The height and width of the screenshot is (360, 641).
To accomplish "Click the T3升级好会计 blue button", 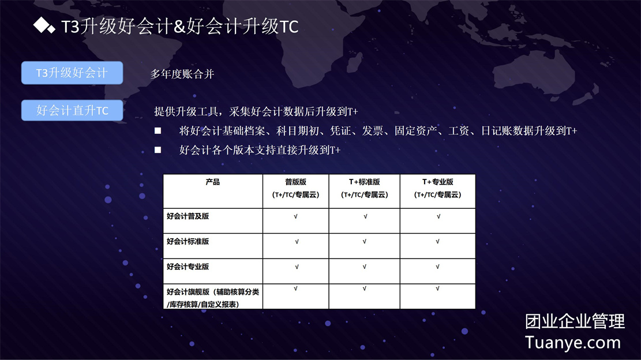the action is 72,73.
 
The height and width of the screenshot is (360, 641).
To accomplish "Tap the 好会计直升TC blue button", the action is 72,110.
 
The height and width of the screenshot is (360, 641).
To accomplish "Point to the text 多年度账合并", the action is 182,74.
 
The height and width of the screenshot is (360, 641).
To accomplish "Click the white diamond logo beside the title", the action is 44,25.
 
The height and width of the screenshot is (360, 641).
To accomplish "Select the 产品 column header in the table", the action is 212,182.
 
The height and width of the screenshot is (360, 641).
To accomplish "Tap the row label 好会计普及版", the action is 188,216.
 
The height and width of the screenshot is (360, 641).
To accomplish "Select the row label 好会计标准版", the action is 188,242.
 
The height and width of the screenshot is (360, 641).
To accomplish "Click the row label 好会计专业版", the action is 188,267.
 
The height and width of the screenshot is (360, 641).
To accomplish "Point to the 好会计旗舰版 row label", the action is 212,298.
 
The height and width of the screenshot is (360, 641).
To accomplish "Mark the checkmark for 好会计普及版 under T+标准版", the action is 365,216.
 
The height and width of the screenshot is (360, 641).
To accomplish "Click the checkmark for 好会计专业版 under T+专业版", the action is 437,267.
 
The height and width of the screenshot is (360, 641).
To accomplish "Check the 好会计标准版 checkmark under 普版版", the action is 297,242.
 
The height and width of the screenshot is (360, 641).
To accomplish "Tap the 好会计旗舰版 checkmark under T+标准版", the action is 364,288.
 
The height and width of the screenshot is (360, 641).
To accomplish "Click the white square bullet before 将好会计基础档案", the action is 158,131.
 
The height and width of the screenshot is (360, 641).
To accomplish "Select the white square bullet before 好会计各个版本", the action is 158,150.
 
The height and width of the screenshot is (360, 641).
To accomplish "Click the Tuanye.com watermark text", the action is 573,343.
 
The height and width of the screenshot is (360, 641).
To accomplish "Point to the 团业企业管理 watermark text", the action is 575,321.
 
